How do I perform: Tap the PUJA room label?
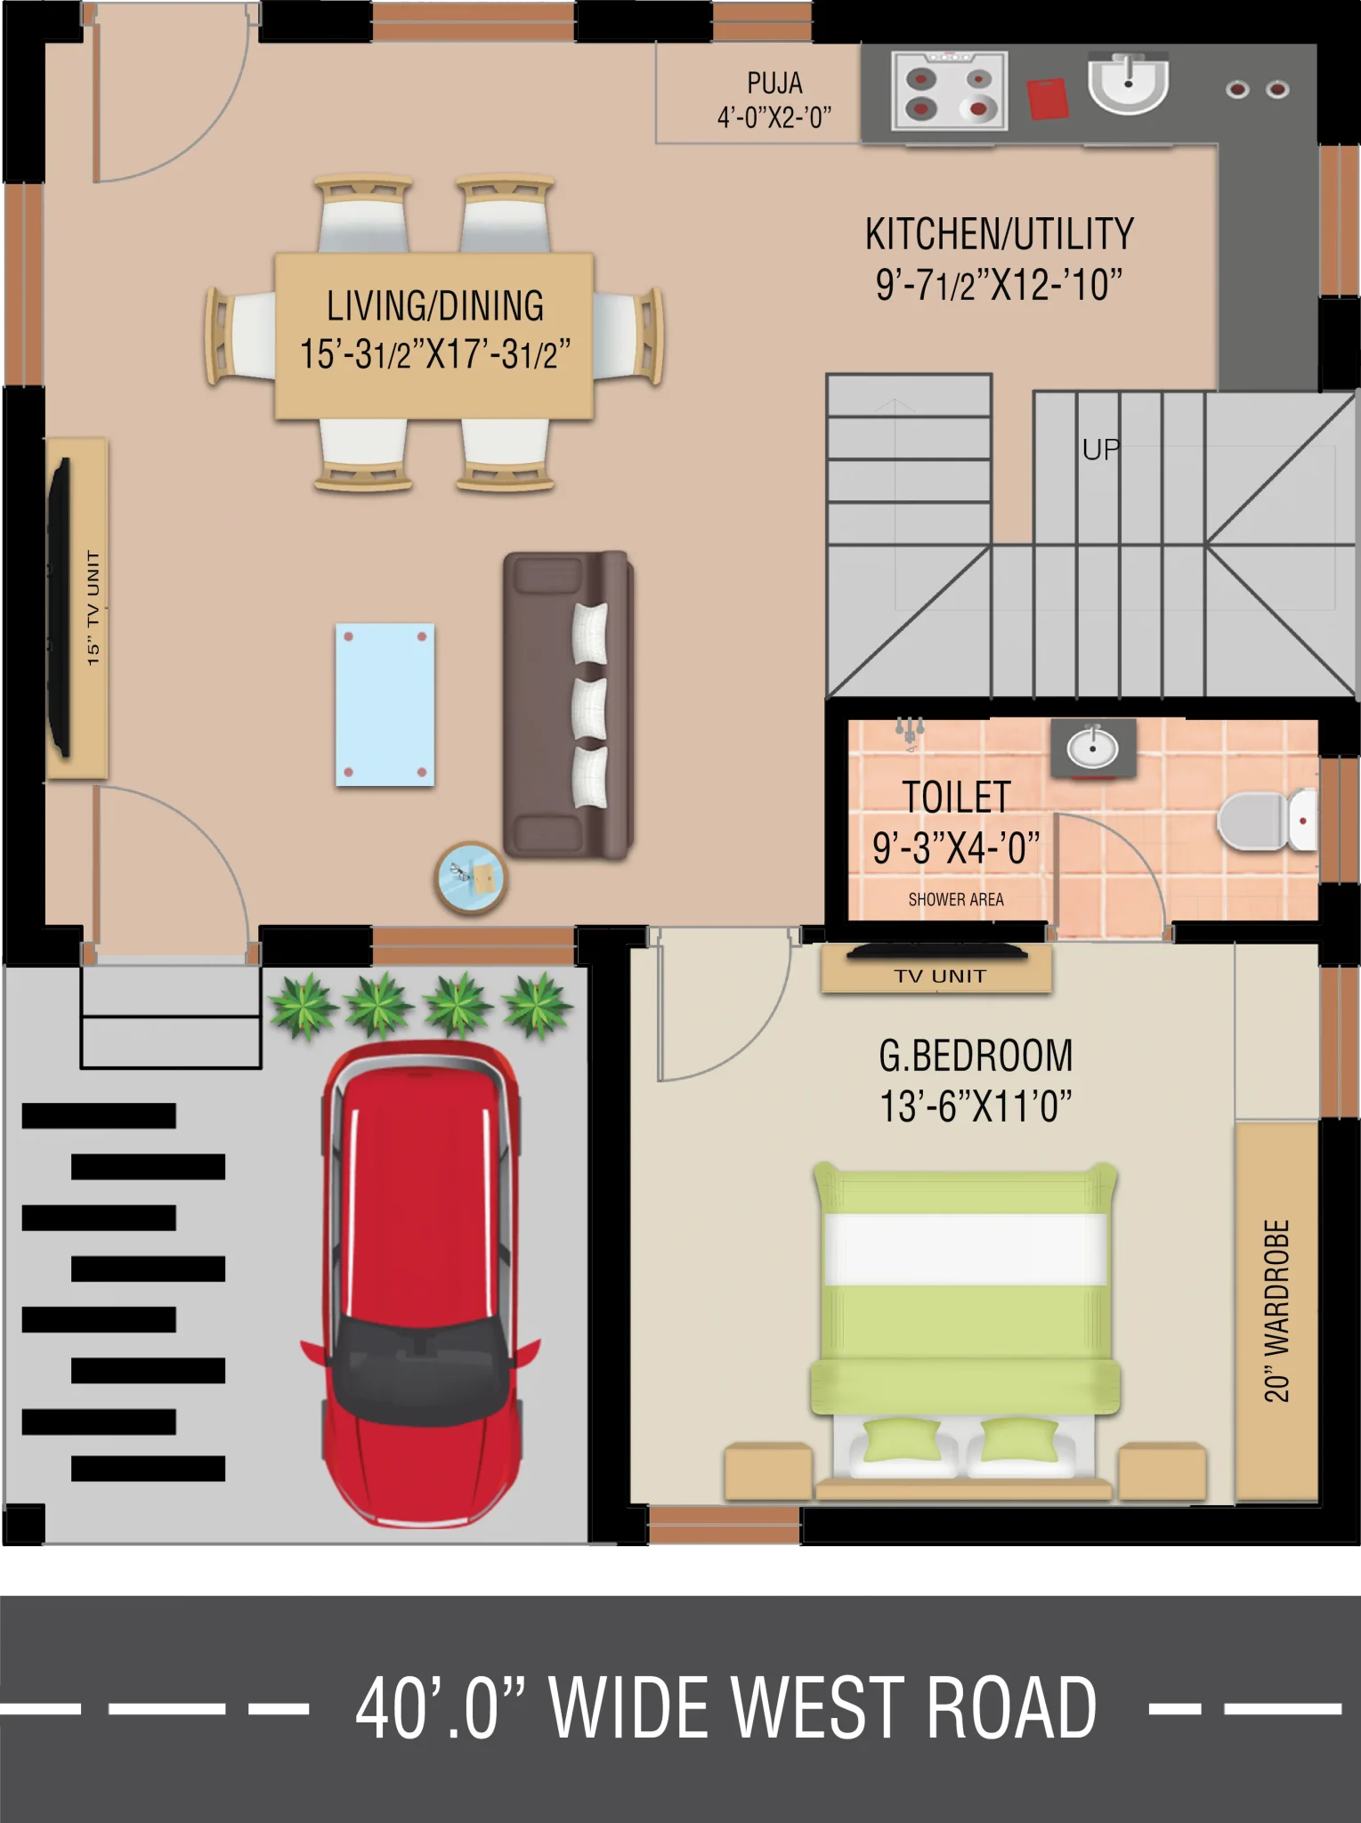click(774, 83)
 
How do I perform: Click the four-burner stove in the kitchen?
click(950, 92)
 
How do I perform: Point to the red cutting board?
click(1048, 98)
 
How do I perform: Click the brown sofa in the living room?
click(568, 705)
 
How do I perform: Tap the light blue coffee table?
click(385, 705)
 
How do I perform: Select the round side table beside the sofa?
click(471, 878)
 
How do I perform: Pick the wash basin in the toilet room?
click(1093, 749)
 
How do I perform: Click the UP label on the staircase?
click(1101, 450)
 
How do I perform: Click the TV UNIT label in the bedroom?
click(940, 976)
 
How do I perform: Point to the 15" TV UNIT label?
click(93, 608)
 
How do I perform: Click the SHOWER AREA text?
click(956, 900)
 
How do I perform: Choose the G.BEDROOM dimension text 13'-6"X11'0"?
click(976, 1106)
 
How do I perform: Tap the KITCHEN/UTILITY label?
click(1000, 234)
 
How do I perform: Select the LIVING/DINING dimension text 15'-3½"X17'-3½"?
click(434, 353)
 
